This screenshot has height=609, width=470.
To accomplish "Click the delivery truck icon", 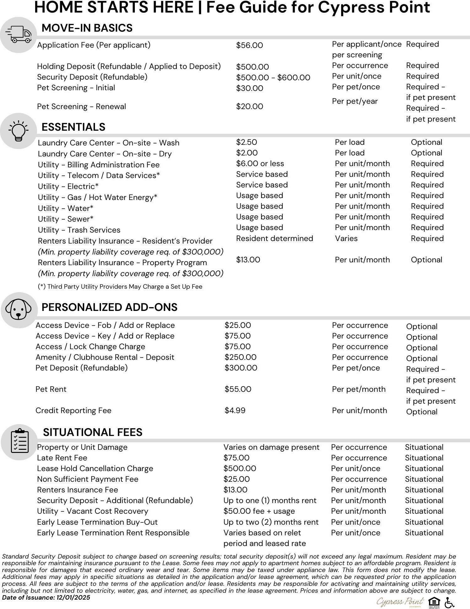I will pos(18,35).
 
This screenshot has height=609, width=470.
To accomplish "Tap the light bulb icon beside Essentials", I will pos(18,131).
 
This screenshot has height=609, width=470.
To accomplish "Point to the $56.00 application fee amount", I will pos(249,45).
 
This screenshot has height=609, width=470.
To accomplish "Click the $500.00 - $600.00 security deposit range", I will pos(273,77).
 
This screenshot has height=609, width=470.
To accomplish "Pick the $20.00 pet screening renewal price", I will pos(249,107).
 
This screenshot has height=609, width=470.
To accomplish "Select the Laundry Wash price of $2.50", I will pos(246,142).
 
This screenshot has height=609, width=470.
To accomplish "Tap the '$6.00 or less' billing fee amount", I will pos(260,164).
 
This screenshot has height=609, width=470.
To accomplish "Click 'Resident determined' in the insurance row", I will pos(274,239).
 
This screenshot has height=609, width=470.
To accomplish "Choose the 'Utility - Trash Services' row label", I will pos(79,230).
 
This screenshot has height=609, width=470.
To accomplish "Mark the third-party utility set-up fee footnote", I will pos(120,286).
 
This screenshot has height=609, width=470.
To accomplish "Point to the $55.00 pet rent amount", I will pos(238,389).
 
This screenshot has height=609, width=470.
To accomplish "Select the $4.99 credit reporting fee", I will pos(235,411).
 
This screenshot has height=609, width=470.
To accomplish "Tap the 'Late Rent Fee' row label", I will pos(62,458).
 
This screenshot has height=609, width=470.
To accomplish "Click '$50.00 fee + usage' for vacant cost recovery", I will pos(259,511).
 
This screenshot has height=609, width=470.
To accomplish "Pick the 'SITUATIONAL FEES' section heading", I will pos(92,432).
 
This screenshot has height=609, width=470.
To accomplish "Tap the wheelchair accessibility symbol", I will pos(450,602).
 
